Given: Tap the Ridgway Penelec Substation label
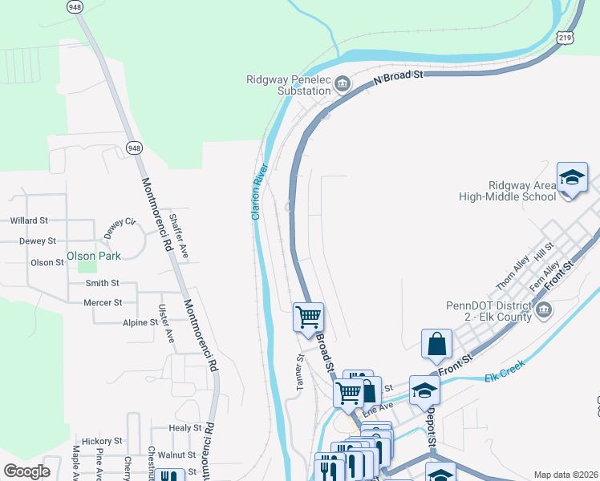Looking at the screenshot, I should point(288,85).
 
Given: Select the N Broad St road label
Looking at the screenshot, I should point(398,77).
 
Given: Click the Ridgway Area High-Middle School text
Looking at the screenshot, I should point(507,191).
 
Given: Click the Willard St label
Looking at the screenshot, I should point(29,220).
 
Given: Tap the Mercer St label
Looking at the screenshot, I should point(103,303).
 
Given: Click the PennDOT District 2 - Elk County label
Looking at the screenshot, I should point(489,311).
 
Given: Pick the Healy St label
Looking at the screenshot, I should point(185,428).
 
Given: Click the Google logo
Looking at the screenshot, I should point(26,471).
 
